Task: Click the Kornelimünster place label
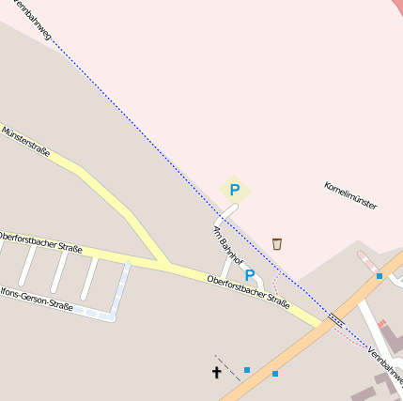(350, 194)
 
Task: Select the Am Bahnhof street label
(227, 242)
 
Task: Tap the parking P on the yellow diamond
(235, 189)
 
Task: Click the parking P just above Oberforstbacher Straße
(250, 275)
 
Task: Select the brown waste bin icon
(277, 244)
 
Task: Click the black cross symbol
(216, 373)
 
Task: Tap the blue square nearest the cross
(247, 370)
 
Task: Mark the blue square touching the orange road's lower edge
(275, 374)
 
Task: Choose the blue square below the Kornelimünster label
(380, 276)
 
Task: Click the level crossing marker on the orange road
(336, 319)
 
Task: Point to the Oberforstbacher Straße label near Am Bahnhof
(248, 290)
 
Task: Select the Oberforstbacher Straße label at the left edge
(39, 241)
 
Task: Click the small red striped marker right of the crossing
(382, 323)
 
